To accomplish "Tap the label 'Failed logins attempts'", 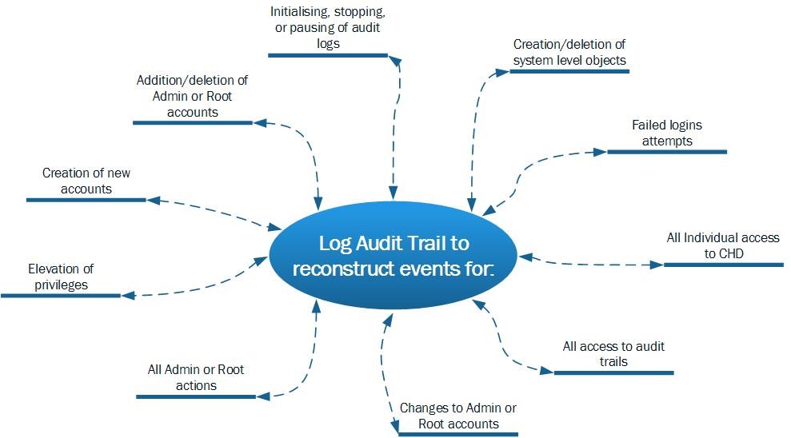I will tap(666, 133).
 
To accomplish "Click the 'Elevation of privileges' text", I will tap(60, 277).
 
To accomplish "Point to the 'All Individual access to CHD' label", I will tap(722, 245).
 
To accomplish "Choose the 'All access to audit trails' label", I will tap(613, 354).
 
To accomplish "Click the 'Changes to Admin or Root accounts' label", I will tap(457, 416).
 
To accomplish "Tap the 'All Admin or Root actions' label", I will tap(196, 377).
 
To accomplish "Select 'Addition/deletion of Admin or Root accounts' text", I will tap(192, 96).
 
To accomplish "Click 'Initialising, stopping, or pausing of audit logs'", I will tap(326, 28).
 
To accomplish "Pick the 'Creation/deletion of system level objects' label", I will tap(569, 52).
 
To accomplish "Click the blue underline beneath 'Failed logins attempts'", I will tap(666, 151).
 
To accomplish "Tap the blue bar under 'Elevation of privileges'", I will tap(60, 296).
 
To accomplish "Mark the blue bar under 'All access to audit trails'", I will tap(613, 372).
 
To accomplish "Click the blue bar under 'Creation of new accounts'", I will tap(86, 199).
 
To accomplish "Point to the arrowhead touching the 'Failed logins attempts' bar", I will tap(601, 150).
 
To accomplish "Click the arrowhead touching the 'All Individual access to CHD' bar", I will tap(657, 263).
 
